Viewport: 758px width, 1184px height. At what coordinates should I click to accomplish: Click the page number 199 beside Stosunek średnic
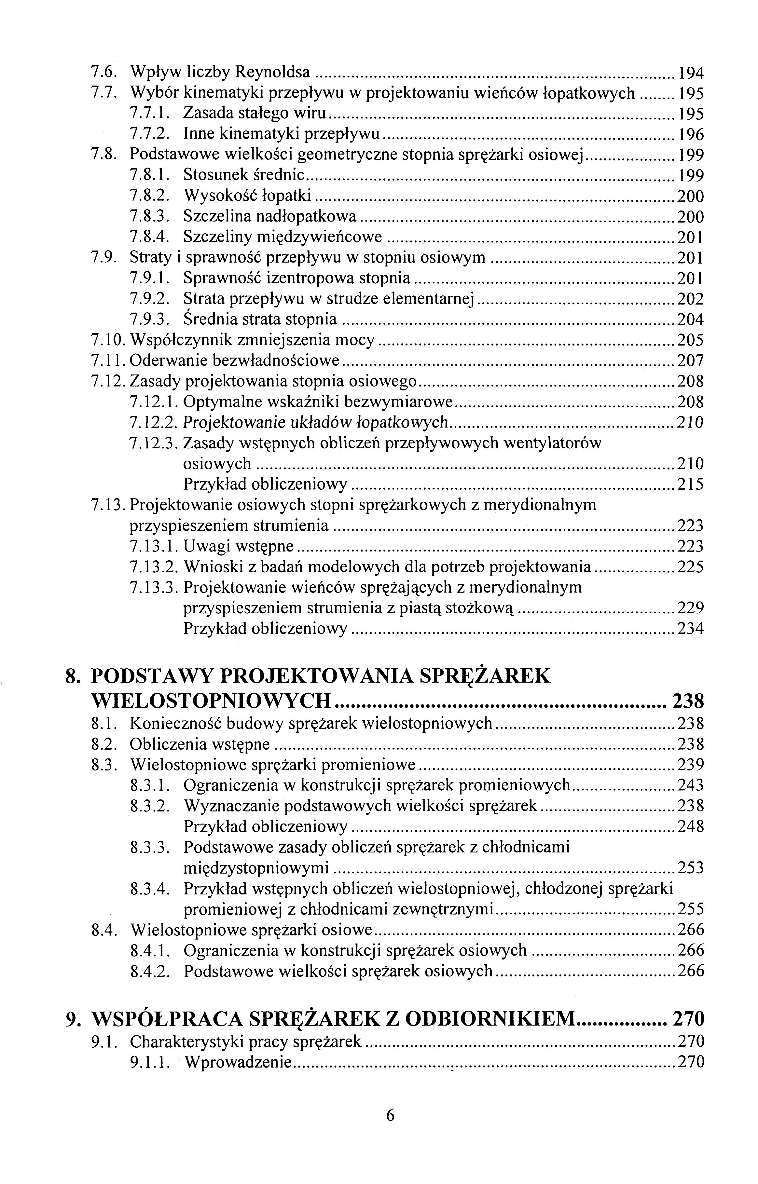(691, 176)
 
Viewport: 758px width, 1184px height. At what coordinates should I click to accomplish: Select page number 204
(691, 320)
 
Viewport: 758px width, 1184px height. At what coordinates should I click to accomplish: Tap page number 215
(691, 485)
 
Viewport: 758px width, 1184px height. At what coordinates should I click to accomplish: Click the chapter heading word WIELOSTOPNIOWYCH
(211, 700)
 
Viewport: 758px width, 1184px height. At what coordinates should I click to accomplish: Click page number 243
(691, 785)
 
